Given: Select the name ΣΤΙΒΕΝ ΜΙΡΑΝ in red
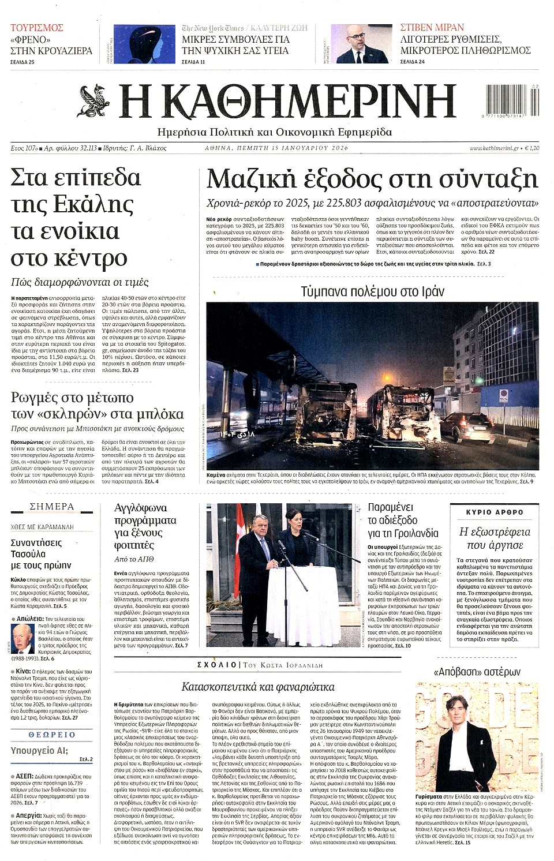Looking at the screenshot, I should tap(432, 28).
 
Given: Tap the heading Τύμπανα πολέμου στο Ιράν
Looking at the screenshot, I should tap(373, 291).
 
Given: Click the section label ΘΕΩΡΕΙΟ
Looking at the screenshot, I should tap(51, 735).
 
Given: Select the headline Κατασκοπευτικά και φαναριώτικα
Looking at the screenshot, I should tap(258, 687).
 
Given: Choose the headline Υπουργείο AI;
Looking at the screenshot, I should tap(39, 751).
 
